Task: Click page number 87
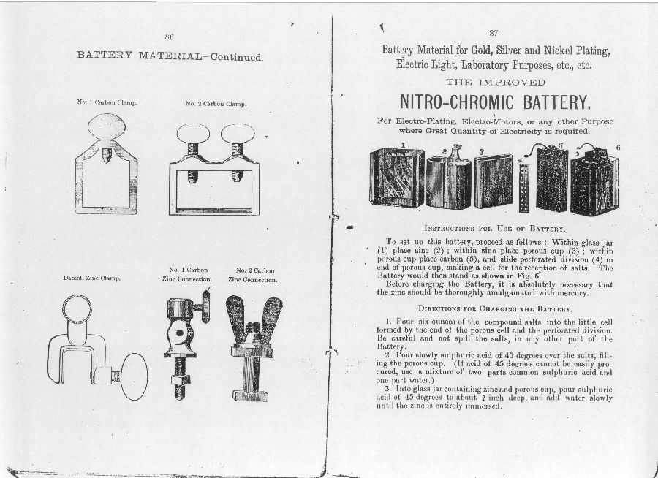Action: pos(493,34)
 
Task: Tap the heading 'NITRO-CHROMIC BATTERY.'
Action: pos(495,101)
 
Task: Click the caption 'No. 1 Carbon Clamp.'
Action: pos(109,102)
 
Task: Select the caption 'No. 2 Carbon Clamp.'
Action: pos(216,104)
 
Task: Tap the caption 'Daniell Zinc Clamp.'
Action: pos(93,278)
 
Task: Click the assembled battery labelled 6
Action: pos(594,181)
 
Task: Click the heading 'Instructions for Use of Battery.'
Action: pos(495,228)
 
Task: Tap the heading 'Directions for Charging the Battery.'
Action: pos(495,309)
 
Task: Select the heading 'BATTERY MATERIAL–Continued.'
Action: pos(170,57)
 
